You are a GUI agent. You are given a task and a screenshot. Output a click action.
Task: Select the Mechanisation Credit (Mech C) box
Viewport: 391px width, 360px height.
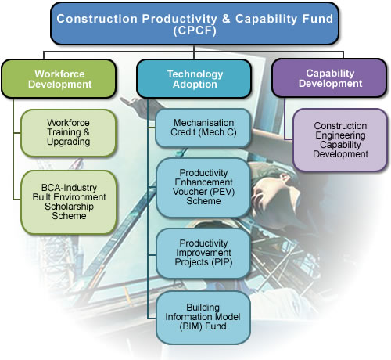[203, 129]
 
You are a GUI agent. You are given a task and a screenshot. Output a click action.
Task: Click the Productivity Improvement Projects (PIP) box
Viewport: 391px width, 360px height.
[203, 252]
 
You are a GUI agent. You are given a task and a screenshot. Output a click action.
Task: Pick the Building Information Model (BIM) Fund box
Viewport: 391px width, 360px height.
[203, 317]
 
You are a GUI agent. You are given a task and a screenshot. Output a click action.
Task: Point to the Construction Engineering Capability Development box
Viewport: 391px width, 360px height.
[340, 139]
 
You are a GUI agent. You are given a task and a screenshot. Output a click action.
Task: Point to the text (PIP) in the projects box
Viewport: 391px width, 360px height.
[221, 263]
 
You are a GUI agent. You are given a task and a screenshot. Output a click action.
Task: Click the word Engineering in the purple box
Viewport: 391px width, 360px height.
[340, 135]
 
